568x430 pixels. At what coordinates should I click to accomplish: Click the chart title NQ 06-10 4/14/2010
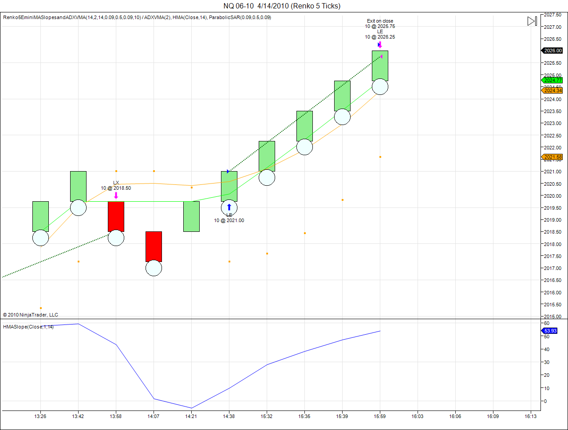pyautogui.click(x=282, y=6)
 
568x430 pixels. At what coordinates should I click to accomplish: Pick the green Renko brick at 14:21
pyautogui.click(x=191, y=216)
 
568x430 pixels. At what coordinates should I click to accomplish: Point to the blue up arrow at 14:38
pyautogui.click(x=229, y=207)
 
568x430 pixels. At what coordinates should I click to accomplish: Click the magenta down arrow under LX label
pyautogui.click(x=116, y=195)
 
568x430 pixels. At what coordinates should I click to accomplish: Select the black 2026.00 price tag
pyautogui.click(x=552, y=51)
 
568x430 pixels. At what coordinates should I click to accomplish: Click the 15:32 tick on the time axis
pyautogui.click(x=266, y=416)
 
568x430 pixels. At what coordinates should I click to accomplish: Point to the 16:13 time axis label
pyautogui.click(x=530, y=416)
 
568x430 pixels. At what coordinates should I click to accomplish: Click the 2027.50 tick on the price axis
pyautogui.click(x=553, y=15)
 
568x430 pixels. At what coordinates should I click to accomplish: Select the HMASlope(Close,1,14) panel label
pyautogui.click(x=28, y=327)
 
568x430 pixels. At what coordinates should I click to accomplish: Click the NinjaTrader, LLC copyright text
pyautogui.click(x=30, y=315)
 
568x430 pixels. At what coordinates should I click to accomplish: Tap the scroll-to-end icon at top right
pyautogui.click(x=532, y=21)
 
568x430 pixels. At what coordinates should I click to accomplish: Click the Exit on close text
pyautogui.click(x=380, y=21)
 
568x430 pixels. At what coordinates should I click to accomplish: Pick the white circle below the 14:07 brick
pyautogui.click(x=154, y=268)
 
